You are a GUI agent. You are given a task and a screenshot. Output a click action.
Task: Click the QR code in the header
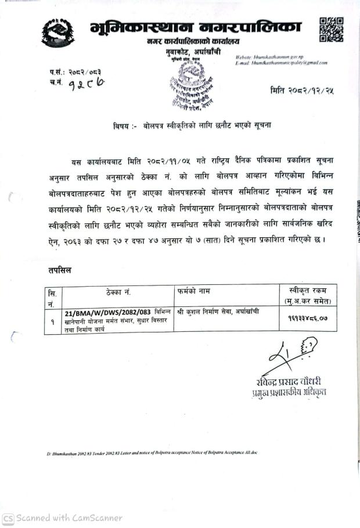331,30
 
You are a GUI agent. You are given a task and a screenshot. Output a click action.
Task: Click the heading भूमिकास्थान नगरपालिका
196,27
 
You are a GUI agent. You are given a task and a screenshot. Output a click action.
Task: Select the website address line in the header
270,57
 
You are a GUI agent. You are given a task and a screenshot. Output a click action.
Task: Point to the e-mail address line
282,63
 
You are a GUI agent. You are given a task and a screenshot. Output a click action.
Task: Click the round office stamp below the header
195,82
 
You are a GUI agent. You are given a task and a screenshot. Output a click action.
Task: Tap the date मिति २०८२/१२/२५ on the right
302,90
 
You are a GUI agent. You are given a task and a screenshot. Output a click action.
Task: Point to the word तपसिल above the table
60,270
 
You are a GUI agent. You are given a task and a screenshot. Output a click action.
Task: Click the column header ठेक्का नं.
118,292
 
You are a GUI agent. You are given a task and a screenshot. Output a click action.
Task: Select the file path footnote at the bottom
151,452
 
